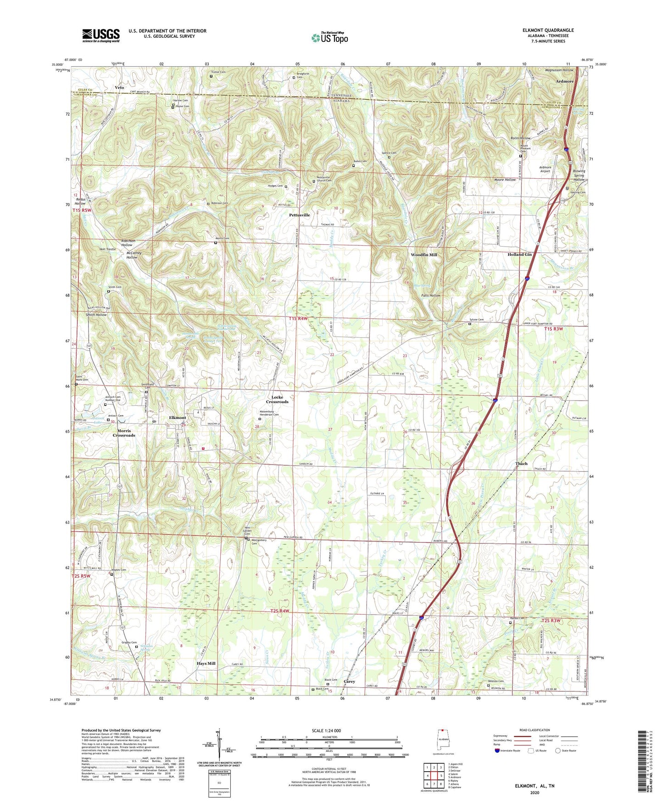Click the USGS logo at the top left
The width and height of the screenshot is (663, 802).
click(101, 35)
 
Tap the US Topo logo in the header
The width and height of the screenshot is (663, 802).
click(329, 38)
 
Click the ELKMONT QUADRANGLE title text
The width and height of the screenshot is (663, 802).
click(547, 30)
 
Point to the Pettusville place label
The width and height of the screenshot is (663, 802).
click(299, 215)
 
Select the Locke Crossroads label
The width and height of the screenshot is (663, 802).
click(277, 399)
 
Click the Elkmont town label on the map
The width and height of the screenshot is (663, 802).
click(178, 418)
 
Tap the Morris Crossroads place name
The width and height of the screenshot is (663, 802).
click(124, 433)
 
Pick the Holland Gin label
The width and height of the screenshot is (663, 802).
click(519, 254)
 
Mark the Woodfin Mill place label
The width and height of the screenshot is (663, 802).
click(423, 254)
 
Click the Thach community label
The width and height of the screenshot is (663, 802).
click(521, 463)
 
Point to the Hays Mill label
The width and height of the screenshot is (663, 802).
click(206, 664)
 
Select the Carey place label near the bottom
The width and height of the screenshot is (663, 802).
click(349, 682)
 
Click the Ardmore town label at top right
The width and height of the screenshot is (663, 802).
click(565, 81)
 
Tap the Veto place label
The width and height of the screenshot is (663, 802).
click(119, 87)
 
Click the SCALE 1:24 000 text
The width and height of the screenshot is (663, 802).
click(329, 730)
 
